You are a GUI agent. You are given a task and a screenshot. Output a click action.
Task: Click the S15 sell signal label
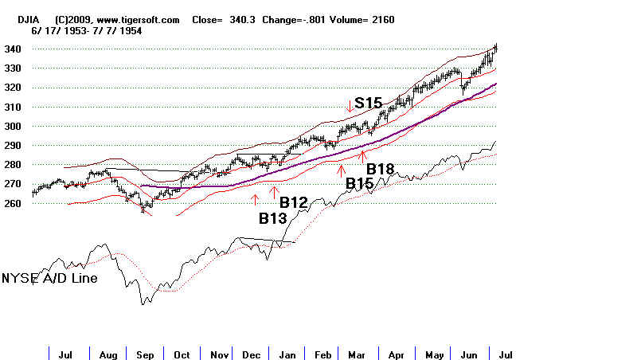pyautogui.click(x=369, y=104)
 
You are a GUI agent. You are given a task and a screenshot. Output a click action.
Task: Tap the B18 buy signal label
pyautogui.click(x=380, y=169)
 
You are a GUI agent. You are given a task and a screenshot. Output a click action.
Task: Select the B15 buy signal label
pyautogui.click(x=360, y=183)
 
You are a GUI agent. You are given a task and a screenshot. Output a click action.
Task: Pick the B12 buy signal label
pyautogui.click(x=294, y=203)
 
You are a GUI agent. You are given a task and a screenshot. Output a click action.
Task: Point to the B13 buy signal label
pyautogui.click(x=272, y=217)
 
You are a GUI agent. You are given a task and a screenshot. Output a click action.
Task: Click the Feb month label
pyautogui.click(x=323, y=354)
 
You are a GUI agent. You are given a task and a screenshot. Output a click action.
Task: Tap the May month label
pyautogui.click(x=434, y=354)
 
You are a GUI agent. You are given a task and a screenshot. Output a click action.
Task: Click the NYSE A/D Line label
pyautogui.click(x=49, y=279)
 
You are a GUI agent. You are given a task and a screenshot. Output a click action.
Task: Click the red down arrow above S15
pyautogui.click(x=349, y=106)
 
